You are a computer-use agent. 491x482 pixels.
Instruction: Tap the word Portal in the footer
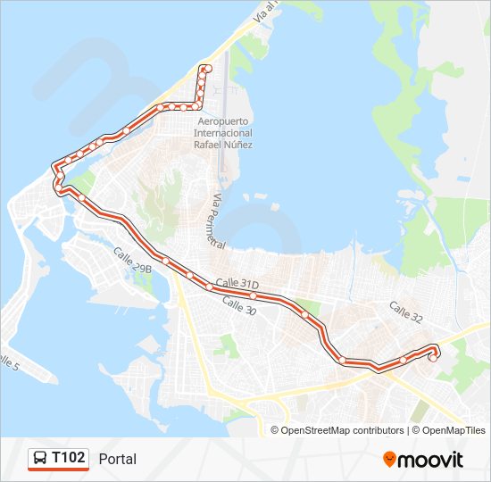point(118,459)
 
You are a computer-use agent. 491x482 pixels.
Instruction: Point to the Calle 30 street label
point(238,305)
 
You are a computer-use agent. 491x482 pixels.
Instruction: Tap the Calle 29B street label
point(132,262)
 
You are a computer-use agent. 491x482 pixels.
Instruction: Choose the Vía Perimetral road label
point(217,220)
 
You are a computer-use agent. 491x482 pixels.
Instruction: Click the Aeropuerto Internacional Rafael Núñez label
point(224,132)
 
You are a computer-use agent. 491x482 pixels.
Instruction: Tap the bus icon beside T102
point(40,459)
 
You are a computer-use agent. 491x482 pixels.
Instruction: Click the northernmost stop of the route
point(206,69)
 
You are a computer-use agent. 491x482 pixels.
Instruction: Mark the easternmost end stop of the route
point(433,358)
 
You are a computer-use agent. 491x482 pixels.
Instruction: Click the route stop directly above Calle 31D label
point(254,295)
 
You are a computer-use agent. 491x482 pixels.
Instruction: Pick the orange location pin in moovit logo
point(389,460)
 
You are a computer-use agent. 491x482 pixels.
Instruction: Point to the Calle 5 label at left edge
point(7,363)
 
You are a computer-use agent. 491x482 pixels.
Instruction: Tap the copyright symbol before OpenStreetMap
point(275,430)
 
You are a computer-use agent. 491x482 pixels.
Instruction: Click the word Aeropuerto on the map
point(223,120)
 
